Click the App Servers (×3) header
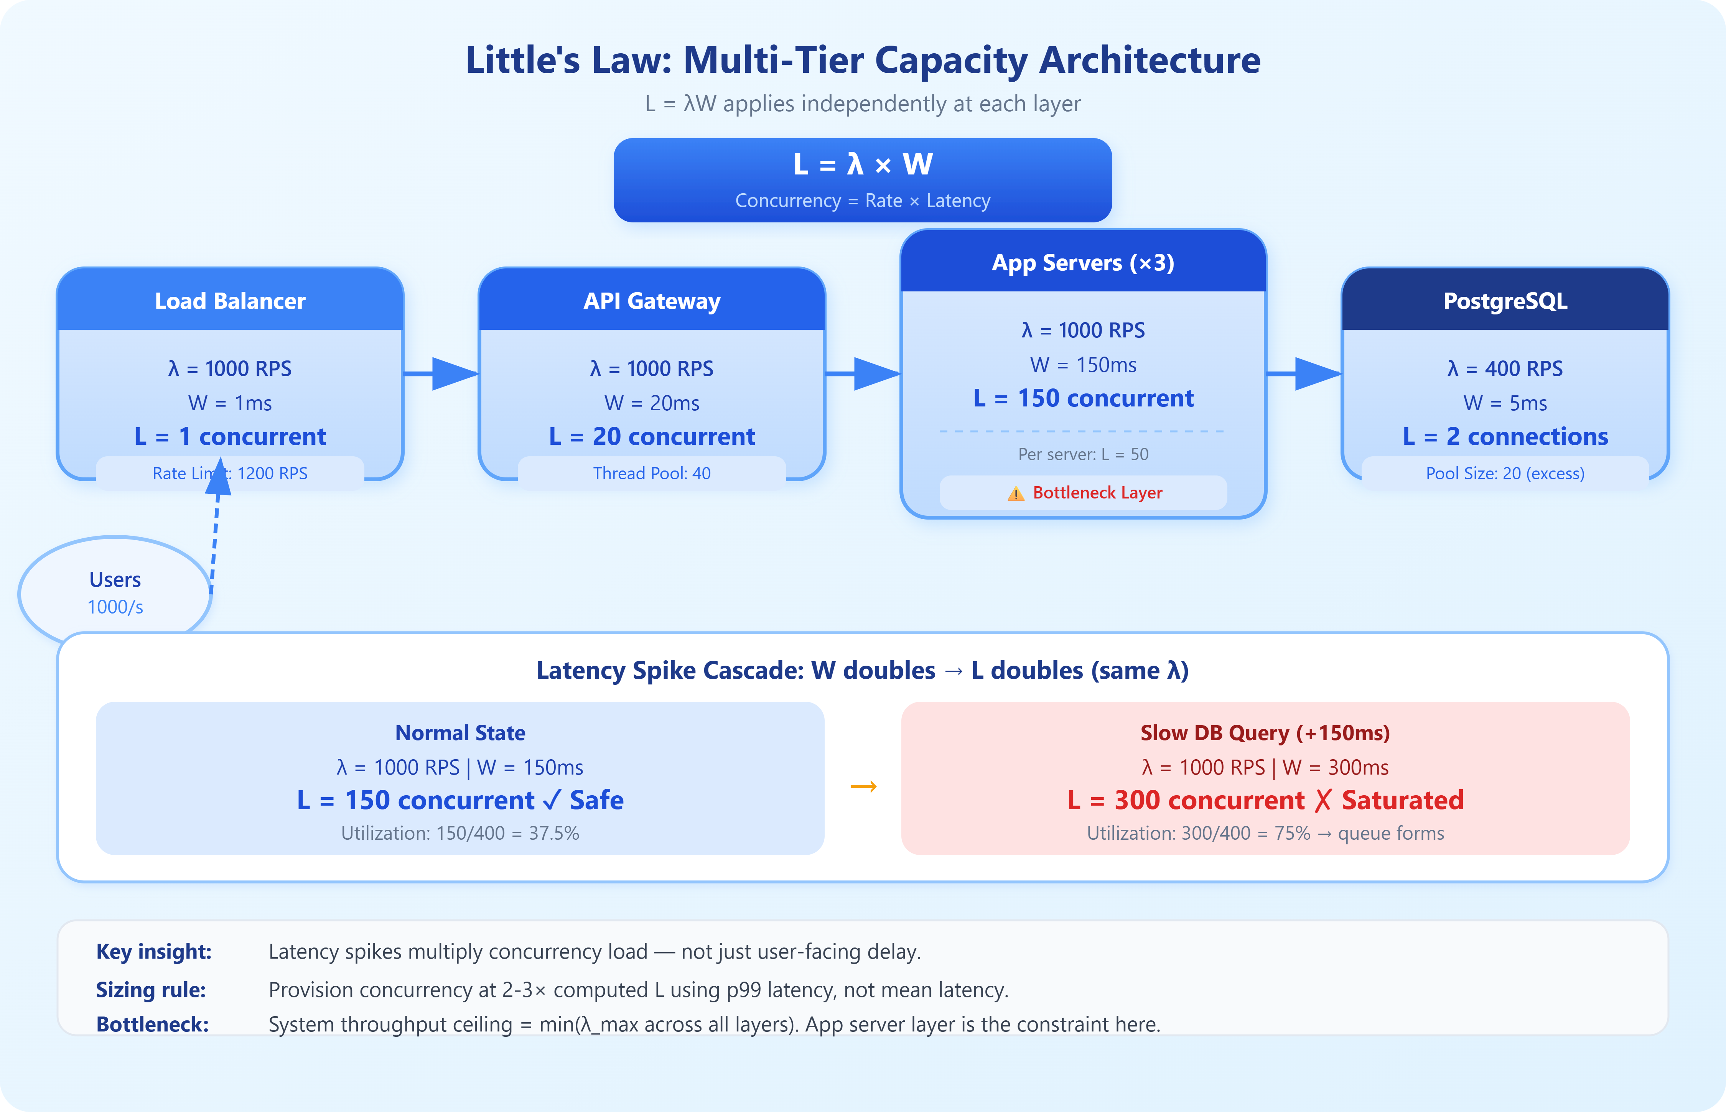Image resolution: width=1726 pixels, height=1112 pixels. pyautogui.click(x=1083, y=262)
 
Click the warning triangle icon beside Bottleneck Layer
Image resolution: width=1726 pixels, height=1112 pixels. pyautogui.click(x=1015, y=494)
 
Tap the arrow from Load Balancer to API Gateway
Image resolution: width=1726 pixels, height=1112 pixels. pyautogui.click(x=441, y=373)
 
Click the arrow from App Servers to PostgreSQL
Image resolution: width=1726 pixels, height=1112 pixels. pyautogui.click(x=1304, y=373)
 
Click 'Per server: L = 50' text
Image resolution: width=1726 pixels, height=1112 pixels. pyautogui.click(x=1083, y=454)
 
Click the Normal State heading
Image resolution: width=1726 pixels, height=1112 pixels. pyautogui.click(x=460, y=733)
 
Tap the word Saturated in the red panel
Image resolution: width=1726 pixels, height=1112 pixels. pyautogui.click(x=1402, y=800)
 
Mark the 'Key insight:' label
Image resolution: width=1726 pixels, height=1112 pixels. pyautogui.click(x=154, y=952)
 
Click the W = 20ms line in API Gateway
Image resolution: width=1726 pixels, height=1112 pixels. pyautogui.click(x=652, y=403)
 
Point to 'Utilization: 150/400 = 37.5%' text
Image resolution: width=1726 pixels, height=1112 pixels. pyautogui.click(x=460, y=833)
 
